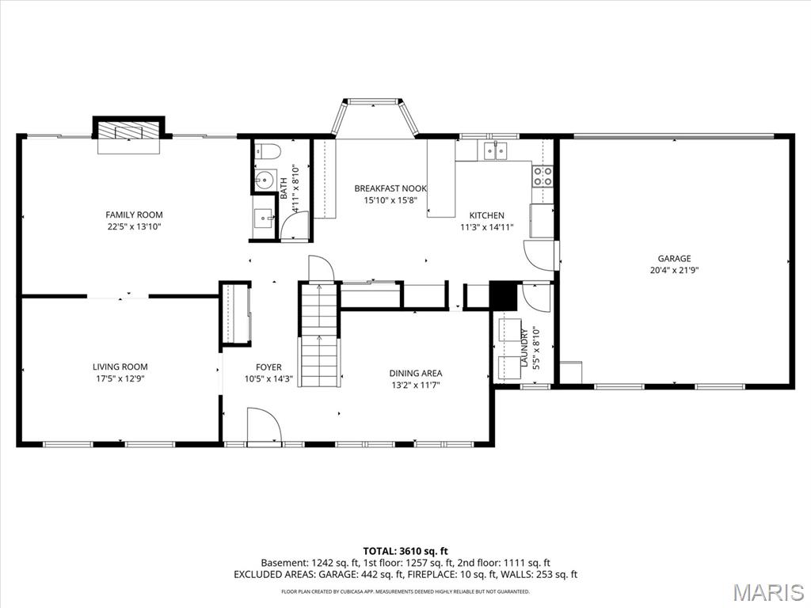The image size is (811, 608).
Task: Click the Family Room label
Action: pyautogui.click(x=134, y=215)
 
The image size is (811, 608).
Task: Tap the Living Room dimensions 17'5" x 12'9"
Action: pyautogui.click(x=120, y=378)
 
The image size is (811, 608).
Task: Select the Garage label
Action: pyautogui.click(x=675, y=259)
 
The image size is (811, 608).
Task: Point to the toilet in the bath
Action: pyautogui.click(x=268, y=151)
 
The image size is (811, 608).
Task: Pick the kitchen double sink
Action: pyautogui.click(x=496, y=150)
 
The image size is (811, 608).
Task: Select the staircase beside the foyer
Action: pyautogui.click(x=319, y=335)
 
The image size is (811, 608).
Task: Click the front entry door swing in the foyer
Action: pyautogui.click(x=264, y=425)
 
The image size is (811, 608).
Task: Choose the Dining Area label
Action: pyautogui.click(x=416, y=374)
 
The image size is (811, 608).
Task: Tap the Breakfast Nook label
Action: pyautogui.click(x=390, y=188)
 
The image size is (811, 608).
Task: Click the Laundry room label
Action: pyautogui.click(x=524, y=348)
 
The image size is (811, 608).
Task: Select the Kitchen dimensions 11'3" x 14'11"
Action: pyautogui.click(x=487, y=227)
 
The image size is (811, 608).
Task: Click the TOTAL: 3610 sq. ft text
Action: pyautogui.click(x=405, y=551)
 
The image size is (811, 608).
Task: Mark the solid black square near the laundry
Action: pyautogui.click(x=503, y=296)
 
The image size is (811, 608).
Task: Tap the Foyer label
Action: pyautogui.click(x=269, y=367)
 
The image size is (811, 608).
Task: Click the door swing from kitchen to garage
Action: pyautogui.click(x=539, y=256)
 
